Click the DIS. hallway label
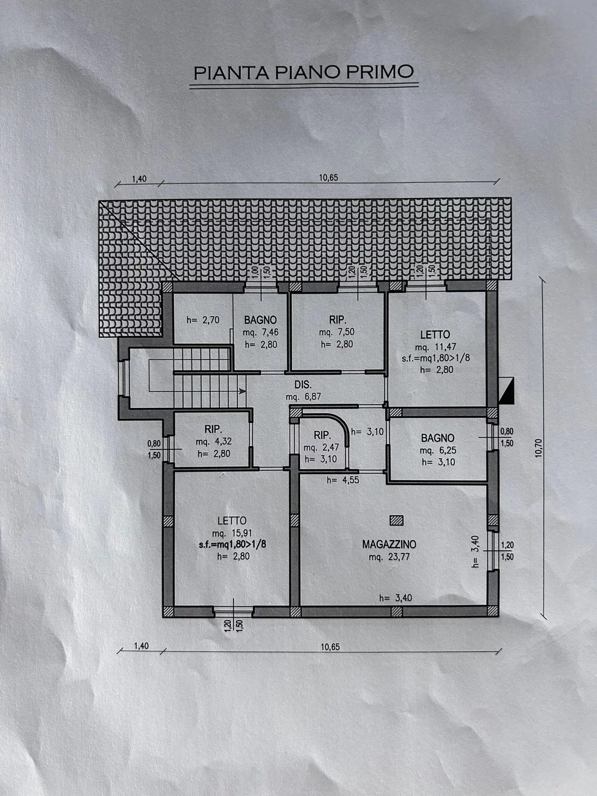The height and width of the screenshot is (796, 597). coord(303,385)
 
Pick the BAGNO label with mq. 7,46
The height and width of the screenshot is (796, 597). coord(260,320)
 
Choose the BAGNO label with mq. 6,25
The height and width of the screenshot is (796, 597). coord(438,438)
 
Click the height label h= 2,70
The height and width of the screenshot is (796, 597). coord(203,320)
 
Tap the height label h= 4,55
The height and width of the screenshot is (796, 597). coord(343,480)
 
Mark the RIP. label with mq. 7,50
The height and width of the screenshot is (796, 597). coord(337,320)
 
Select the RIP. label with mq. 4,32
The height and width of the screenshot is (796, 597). coord(213,429)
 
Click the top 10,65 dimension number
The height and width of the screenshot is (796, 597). coord(329,178)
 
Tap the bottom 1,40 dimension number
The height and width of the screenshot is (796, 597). coord(141,646)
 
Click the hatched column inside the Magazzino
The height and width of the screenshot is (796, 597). coord(396,520)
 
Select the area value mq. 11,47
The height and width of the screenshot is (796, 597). coord(435,346)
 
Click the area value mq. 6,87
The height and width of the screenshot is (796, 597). coord(303,397)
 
